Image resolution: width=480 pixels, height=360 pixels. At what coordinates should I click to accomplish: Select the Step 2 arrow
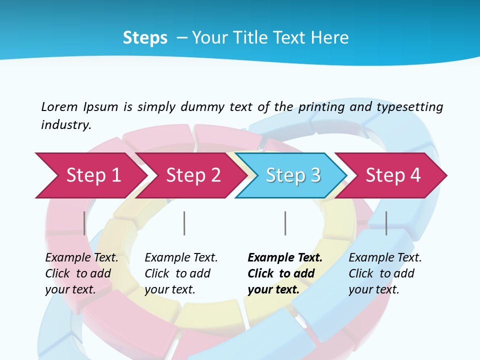(192, 175)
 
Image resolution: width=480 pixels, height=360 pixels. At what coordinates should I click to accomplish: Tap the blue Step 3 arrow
(292, 175)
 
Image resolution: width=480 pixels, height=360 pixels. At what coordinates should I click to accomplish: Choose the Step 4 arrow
(392, 175)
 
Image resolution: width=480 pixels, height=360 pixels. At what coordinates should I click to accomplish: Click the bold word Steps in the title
(145, 38)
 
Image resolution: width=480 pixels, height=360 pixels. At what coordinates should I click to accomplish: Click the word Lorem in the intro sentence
(59, 106)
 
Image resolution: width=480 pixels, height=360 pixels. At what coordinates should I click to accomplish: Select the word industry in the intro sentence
(65, 124)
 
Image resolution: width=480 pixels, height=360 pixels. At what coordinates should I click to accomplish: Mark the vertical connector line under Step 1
(84, 223)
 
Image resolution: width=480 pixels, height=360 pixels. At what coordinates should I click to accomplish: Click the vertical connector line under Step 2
(184, 223)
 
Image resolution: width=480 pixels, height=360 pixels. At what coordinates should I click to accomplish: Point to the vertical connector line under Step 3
(285, 223)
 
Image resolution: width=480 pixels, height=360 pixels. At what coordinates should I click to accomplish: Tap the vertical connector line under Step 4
(386, 223)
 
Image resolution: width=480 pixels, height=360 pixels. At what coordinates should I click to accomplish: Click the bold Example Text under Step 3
(285, 258)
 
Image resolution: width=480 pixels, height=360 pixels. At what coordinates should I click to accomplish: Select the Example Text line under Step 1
(81, 258)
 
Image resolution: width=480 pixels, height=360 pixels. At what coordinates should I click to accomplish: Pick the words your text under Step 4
(373, 289)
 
